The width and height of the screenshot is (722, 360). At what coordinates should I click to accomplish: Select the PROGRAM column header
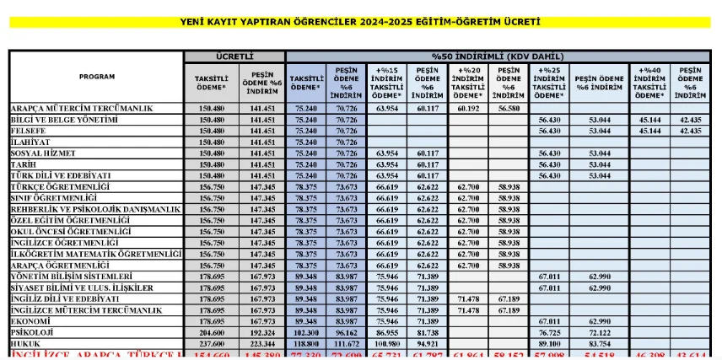pyautogui.click(x=97, y=77)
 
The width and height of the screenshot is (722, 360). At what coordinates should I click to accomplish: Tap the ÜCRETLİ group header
pyautogui.click(x=234, y=56)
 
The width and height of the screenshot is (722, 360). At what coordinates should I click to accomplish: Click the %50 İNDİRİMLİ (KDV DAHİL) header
pyautogui.click(x=502, y=56)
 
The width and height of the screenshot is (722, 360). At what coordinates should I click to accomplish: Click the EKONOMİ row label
pyautogui.click(x=31, y=321)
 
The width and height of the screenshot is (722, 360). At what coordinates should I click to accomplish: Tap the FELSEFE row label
pyautogui.click(x=30, y=131)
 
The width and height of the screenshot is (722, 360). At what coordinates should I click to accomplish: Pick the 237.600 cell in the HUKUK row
pyautogui.click(x=211, y=344)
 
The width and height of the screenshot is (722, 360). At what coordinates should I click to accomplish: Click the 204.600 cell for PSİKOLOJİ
pyautogui.click(x=211, y=333)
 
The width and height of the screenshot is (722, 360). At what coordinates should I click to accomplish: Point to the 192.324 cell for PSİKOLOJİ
pyautogui.click(x=262, y=333)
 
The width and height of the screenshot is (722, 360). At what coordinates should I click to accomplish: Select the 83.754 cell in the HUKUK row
pyautogui.click(x=599, y=344)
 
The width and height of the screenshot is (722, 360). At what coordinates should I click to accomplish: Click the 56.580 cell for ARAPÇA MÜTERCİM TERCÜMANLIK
pyautogui.click(x=509, y=109)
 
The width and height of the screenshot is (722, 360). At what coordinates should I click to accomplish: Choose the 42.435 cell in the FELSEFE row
pyautogui.click(x=690, y=131)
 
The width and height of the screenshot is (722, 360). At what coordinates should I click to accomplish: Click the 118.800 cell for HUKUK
pyautogui.click(x=305, y=344)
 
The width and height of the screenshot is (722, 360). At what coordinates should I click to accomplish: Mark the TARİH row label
pyautogui.click(x=26, y=164)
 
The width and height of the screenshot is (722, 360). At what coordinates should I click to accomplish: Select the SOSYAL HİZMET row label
pyautogui.click(x=43, y=153)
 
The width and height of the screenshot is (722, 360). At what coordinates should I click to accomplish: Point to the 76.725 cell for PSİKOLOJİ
pyautogui.click(x=549, y=333)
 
